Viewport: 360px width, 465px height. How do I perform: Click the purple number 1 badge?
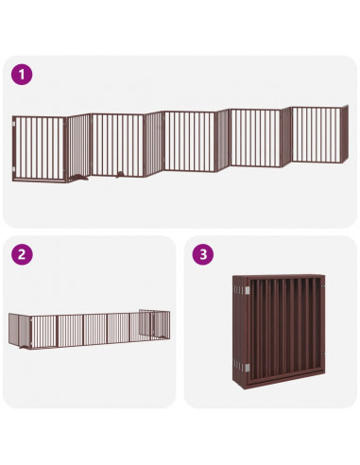click(x=21, y=74)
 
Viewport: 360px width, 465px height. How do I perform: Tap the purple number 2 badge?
click(x=21, y=253)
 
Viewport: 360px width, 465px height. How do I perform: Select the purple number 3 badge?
click(x=200, y=253)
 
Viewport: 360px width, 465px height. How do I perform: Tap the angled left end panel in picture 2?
click(x=19, y=332)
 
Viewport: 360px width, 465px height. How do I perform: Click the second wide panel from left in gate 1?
click(x=117, y=144)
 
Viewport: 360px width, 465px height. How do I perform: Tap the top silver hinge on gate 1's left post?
click(x=13, y=124)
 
